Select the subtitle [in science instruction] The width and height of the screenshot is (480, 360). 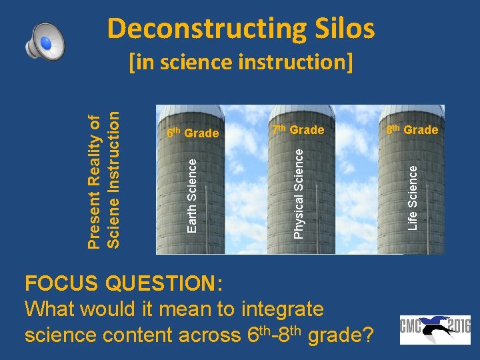tap(241, 62)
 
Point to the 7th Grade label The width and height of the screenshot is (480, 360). tap(297, 129)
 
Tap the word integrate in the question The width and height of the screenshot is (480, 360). tap(283, 309)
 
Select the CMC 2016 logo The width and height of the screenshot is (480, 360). tap(435, 329)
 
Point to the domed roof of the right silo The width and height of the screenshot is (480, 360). tap(411, 111)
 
